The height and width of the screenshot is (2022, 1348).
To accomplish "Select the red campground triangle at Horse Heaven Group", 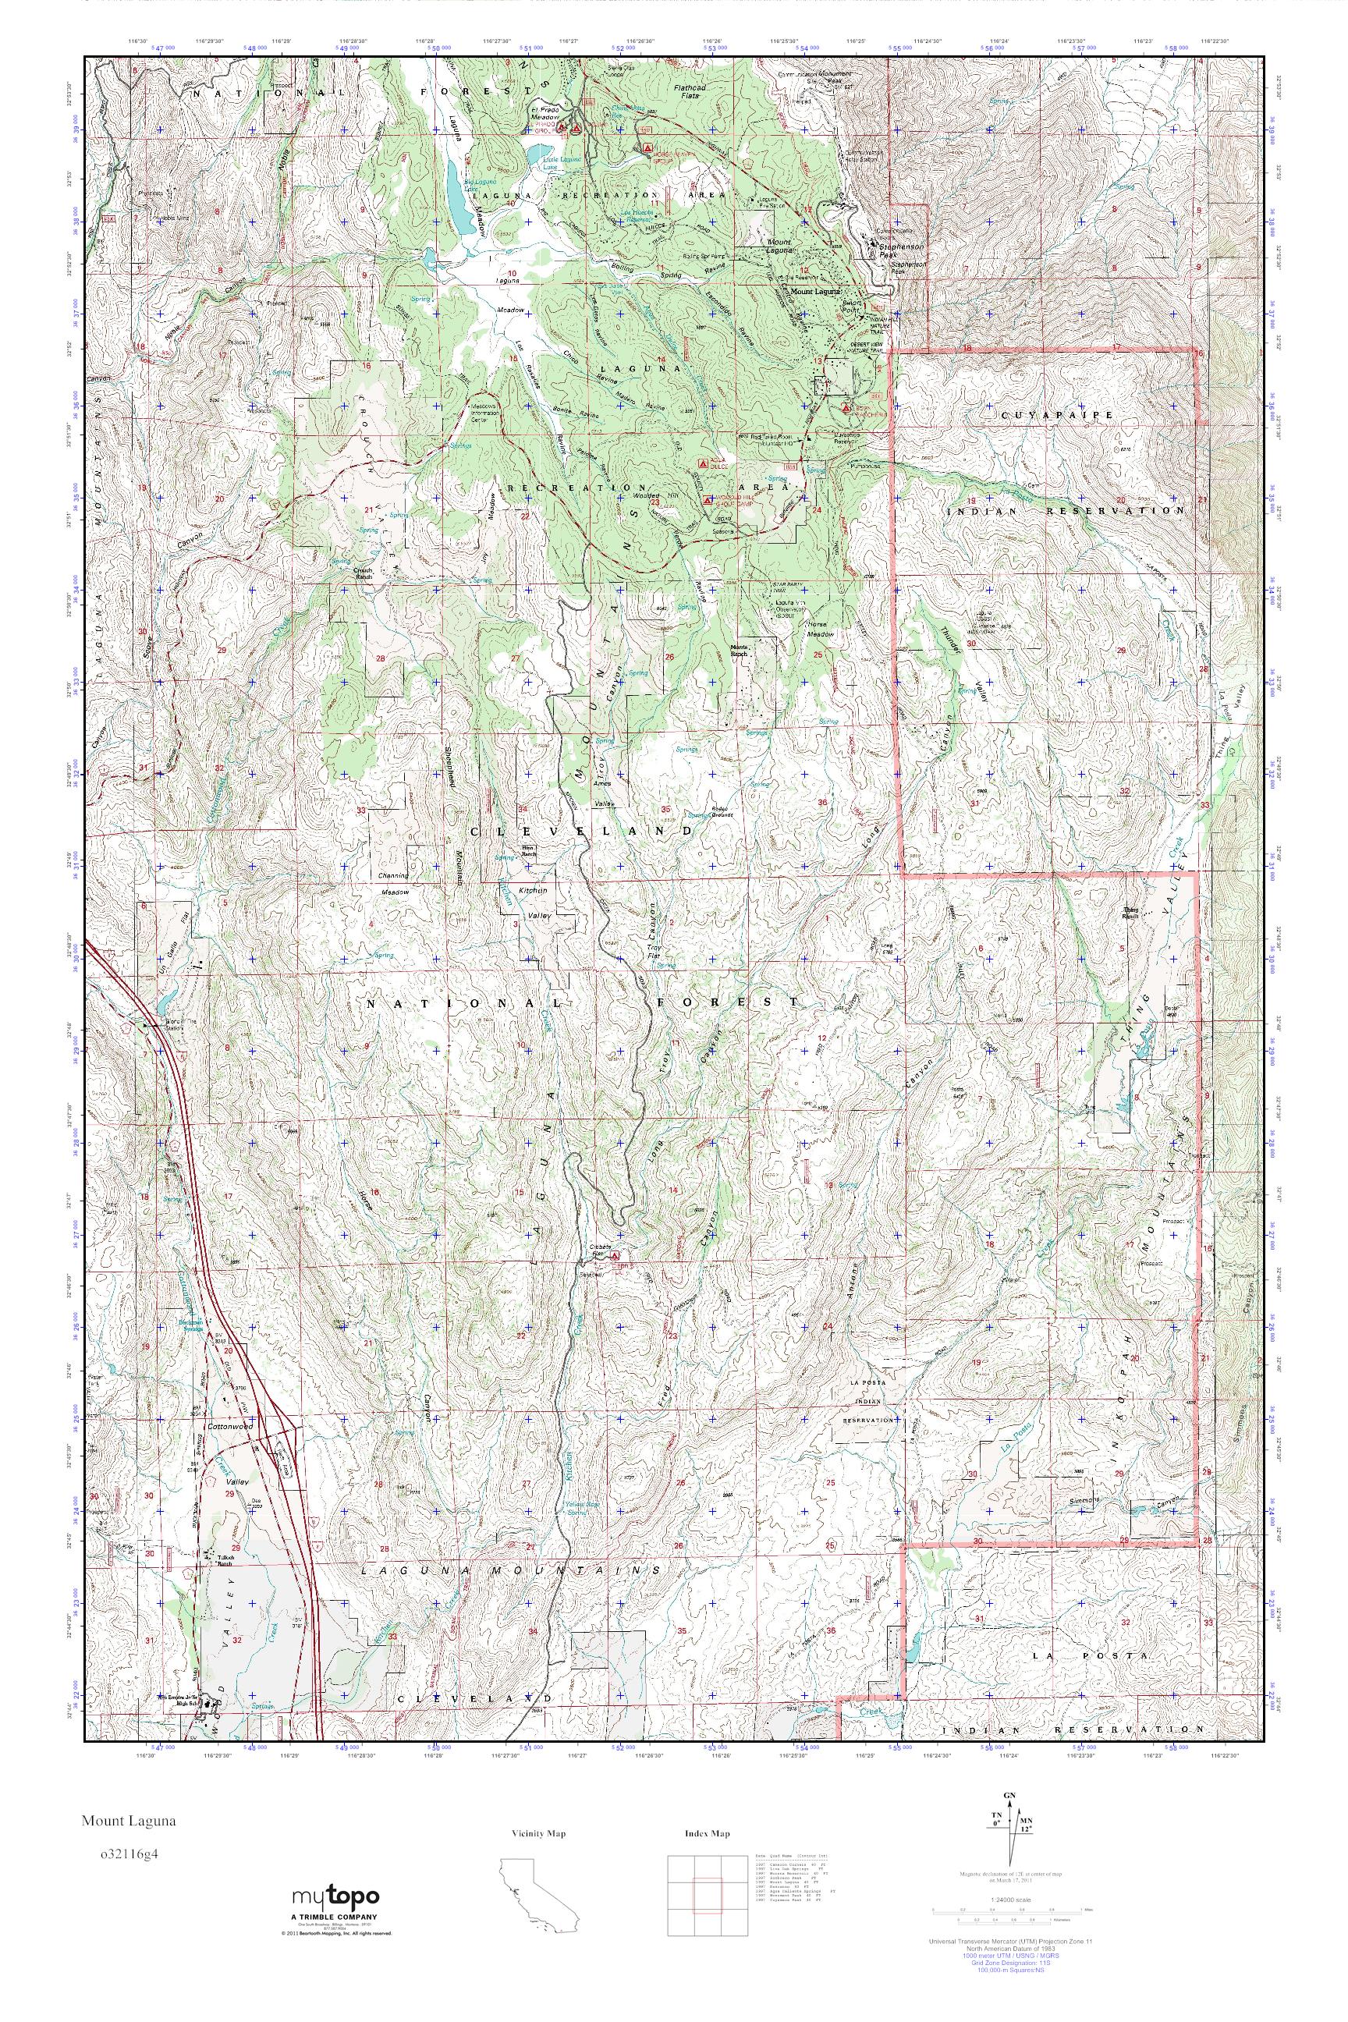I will click(649, 148).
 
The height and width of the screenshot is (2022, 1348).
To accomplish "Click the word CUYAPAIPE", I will click(1069, 414).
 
